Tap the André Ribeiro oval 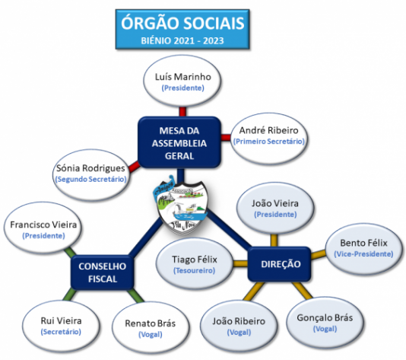269,135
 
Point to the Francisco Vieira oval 43,230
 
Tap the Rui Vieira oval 60,325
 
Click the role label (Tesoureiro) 195,271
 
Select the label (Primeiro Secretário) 269,142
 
